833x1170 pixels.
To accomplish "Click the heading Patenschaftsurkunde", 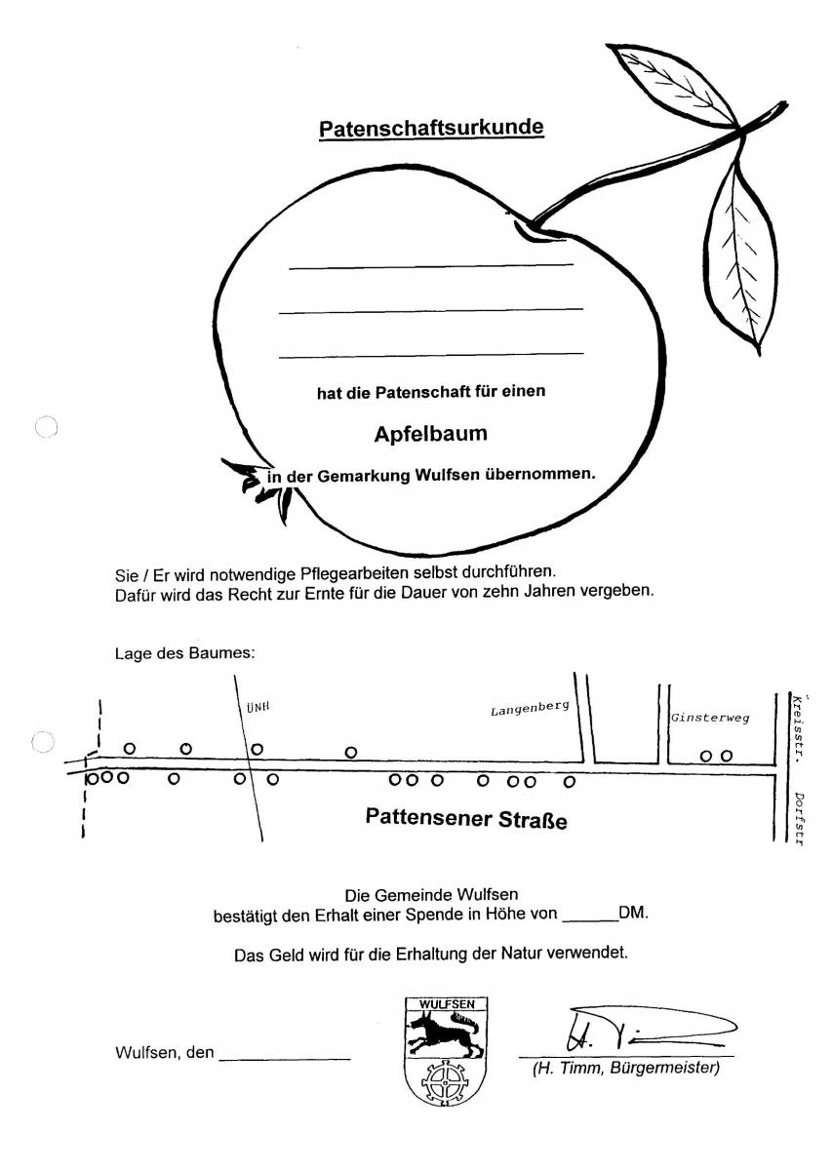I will click(431, 128).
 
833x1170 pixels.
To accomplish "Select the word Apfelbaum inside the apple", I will click(430, 434).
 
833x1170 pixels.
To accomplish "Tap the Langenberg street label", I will click(529, 709).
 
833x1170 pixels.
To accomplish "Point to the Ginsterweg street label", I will click(709, 719).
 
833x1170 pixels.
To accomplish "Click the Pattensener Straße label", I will click(465, 817).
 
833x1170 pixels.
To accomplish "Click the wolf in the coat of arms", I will click(445, 1033).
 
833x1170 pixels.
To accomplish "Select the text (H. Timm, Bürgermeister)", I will click(625, 1069).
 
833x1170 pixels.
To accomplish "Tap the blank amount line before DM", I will click(590, 919).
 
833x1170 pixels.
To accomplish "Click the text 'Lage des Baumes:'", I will click(185, 653).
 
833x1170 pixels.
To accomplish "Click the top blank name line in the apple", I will click(430, 264).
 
